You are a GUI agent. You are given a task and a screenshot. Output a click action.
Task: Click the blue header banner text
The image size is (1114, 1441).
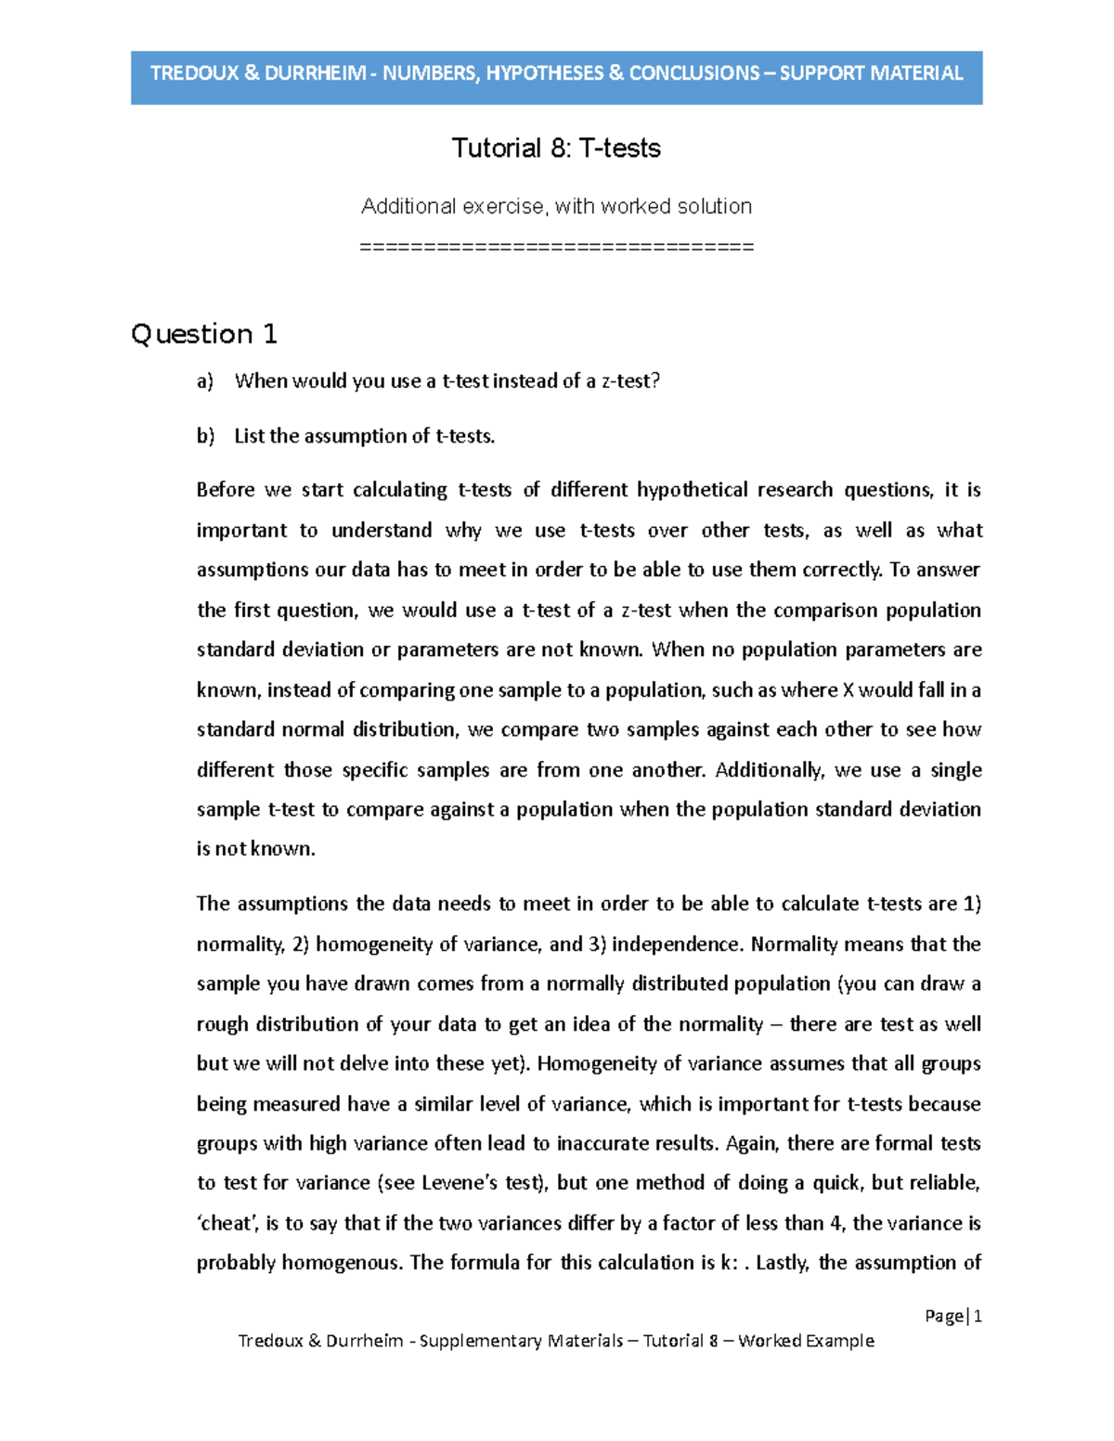(x=556, y=73)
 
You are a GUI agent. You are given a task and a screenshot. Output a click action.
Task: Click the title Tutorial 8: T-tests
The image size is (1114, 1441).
(x=556, y=148)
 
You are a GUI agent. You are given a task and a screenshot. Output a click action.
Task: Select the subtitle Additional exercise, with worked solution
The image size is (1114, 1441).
(x=556, y=206)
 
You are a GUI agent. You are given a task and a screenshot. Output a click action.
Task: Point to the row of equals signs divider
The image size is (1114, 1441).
(x=556, y=247)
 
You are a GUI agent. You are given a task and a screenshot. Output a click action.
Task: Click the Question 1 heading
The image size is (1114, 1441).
(x=204, y=334)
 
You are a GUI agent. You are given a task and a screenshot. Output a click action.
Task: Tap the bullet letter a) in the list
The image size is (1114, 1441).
(x=204, y=381)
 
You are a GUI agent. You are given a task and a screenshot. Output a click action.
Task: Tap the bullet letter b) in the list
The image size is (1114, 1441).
(x=204, y=436)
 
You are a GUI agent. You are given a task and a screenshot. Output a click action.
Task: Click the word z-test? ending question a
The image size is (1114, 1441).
(x=630, y=381)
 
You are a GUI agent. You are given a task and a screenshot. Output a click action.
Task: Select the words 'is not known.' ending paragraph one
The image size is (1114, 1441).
(x=256, y=849)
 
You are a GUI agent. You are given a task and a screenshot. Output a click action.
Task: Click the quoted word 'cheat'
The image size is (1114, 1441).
(x=227, y=1224)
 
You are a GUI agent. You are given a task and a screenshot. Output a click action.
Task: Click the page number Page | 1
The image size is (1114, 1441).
(x=953, y=1316)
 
